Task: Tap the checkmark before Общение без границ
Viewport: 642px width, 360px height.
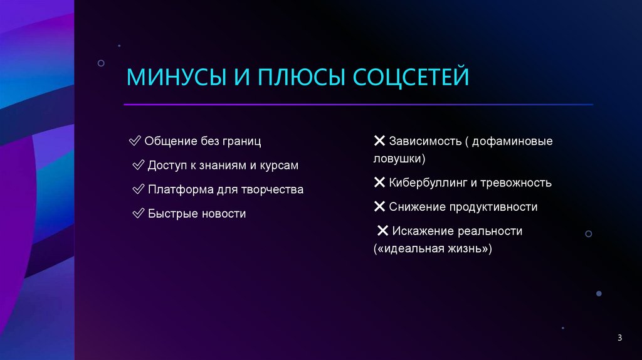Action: (135, 141)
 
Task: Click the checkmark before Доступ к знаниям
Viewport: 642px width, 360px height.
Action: (139, 166)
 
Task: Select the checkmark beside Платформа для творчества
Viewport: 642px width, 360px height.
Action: (139, 189)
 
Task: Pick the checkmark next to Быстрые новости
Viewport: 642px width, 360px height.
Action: (139, 214)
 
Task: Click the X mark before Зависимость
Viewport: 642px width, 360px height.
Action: (379, 141)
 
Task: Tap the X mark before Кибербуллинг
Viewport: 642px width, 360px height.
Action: (379, 183)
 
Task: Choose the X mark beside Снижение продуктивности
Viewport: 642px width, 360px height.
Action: (379, 206)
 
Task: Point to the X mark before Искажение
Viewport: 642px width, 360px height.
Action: (382, 231)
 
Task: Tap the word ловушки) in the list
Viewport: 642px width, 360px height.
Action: (399, 159)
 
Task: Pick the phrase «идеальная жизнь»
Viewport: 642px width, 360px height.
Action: (433, 248)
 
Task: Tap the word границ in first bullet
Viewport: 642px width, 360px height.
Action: (239, 141)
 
